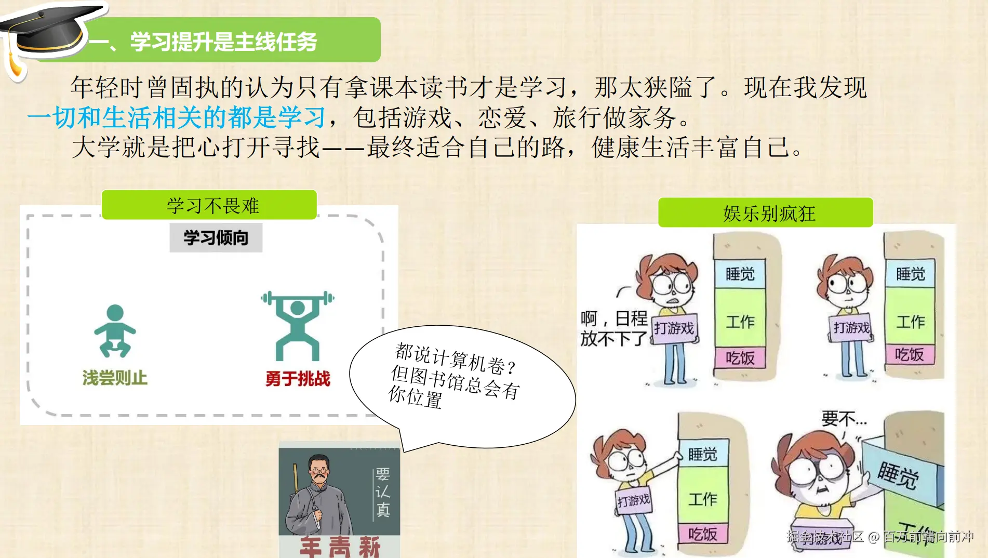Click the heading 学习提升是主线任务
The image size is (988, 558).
click(223, 42)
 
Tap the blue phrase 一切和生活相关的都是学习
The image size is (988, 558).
click(177, 117)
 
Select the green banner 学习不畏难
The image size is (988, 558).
click(209, 205)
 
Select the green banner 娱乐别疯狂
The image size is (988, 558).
click(766, 213)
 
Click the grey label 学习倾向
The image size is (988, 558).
click(216, 238)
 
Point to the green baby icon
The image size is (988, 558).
click(115, 331)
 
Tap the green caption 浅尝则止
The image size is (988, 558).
click(115, 378)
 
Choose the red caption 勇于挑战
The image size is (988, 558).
click(298, 378)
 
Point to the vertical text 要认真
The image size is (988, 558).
click(383, 491)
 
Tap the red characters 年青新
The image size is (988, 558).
click(340, 547)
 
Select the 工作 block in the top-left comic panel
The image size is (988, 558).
click(740, 322)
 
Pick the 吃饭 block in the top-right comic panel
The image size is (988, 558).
click(909, 354)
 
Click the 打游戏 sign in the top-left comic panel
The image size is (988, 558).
click(674, 328)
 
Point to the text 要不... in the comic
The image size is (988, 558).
click(844, 418)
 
